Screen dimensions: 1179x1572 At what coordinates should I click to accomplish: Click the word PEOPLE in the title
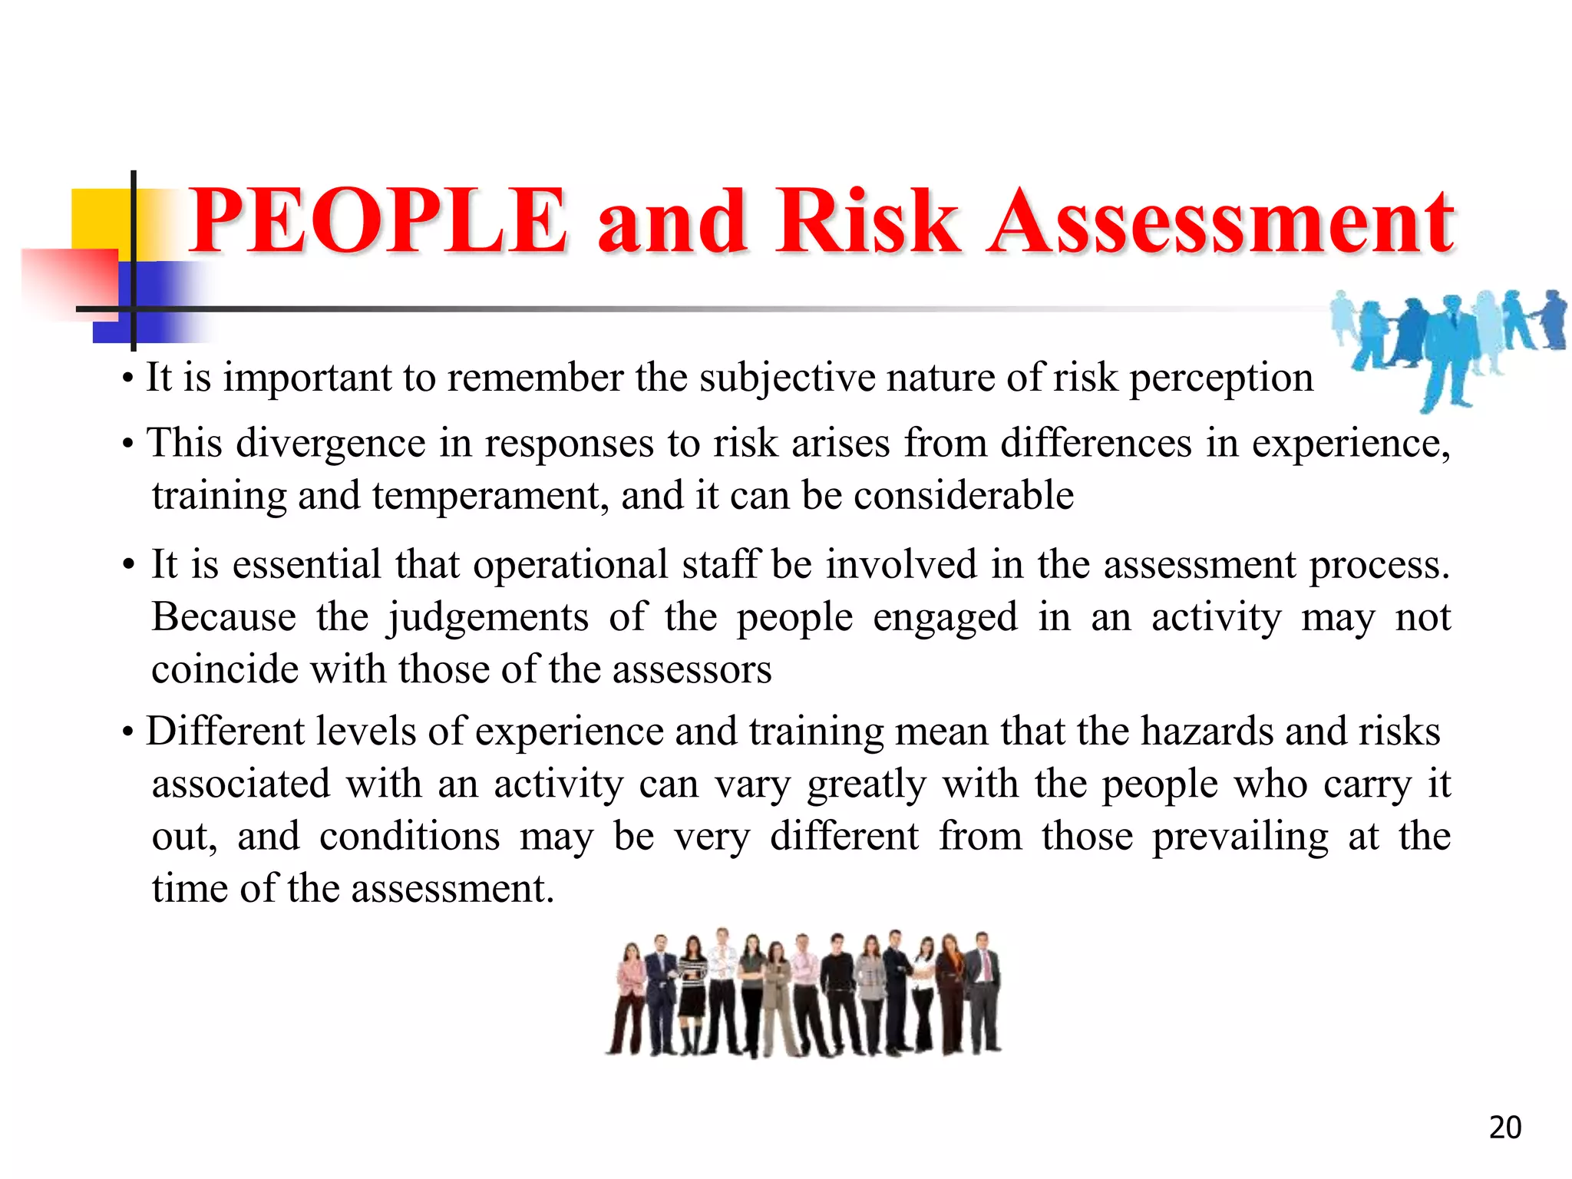[378, 222]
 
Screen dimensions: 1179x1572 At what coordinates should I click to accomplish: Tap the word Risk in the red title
[867, 222]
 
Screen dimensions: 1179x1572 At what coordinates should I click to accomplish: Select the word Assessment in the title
[1220, 222]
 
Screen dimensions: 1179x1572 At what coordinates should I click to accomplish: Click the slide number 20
[1504, 1128]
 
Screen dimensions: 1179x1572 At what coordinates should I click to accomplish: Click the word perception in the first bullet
[1221, 378]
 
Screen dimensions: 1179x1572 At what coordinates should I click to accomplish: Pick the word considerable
[963, 495]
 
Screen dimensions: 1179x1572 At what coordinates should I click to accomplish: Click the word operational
[570, 565]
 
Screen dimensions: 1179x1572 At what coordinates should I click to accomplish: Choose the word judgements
[487, 617]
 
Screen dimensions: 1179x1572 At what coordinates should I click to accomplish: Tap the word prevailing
[1240, 836]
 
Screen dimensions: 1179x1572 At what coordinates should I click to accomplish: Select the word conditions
[409, 836]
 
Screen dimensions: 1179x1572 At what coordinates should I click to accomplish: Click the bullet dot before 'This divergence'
[128, 444]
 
